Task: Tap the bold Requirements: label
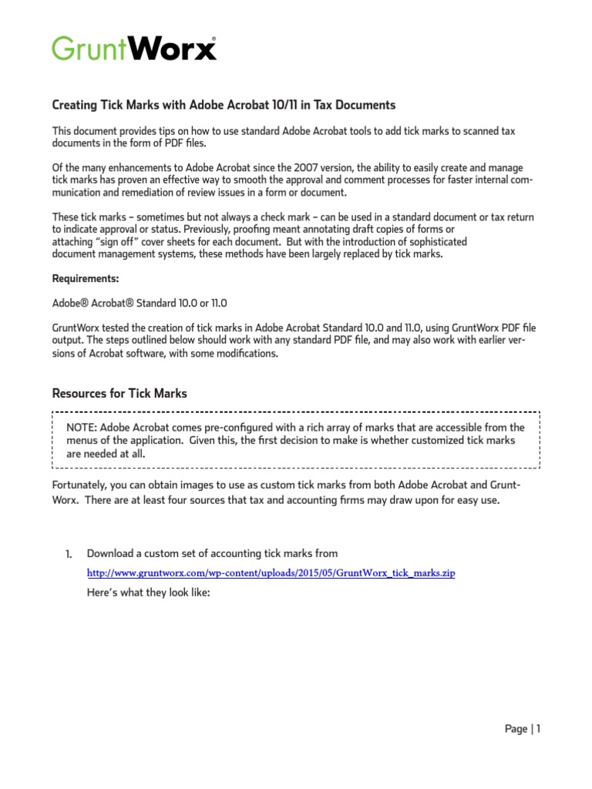click(86, 278)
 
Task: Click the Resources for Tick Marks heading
click(119, 394)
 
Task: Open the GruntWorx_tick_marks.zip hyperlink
click(271, 575)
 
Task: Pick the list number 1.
click(68, 554)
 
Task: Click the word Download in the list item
click(109, 554)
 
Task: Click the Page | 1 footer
click(522, 729)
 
